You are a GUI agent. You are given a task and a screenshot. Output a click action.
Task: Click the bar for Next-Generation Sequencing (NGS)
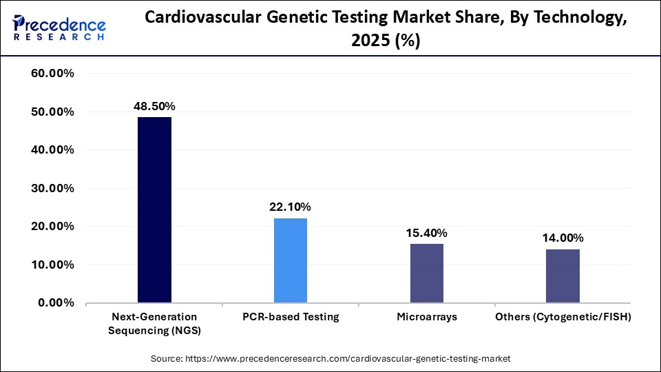[154, 210]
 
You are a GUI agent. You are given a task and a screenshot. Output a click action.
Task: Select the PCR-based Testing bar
[291, 260]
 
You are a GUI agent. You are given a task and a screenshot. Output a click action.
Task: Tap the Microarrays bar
[427, 273]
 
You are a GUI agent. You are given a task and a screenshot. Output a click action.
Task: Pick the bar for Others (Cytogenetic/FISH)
[563, 276]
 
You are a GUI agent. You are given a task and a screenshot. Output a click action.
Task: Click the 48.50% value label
[154, 106]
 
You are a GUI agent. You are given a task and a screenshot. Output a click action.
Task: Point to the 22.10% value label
[291, 207]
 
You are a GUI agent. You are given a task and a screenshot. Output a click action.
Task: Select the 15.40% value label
[427, 233]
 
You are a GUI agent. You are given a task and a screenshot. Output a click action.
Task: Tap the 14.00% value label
[563, 238]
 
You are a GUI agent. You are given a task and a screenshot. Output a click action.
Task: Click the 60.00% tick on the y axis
[53, 74]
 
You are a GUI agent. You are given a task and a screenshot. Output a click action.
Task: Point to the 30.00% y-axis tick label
[53, 188]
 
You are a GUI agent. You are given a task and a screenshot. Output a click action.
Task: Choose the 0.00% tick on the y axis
[56, 302]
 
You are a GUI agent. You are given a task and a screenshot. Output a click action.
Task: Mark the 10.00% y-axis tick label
[53, 265]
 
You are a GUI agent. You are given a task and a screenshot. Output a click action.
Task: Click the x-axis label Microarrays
[427, 317]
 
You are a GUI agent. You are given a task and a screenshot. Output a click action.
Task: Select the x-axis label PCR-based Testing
[291, 317]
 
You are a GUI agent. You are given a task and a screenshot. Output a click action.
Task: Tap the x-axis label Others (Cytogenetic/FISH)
[563, 317]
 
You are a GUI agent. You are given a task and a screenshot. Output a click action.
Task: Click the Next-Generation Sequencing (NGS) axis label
[154, 323]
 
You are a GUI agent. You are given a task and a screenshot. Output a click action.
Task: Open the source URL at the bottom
[330, 358]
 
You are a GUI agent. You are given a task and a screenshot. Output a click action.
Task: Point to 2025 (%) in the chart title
[386, 41]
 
